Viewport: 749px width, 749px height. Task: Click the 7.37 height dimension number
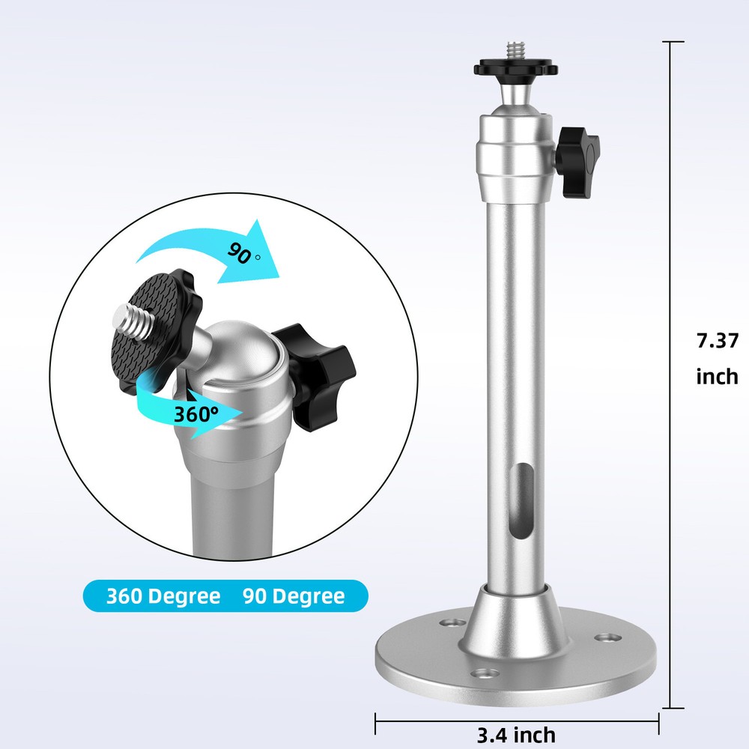(x=717, y=341)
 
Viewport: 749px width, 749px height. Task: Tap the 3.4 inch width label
(x=517, y=734)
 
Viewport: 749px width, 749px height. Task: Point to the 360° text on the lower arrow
(x=196, y=413)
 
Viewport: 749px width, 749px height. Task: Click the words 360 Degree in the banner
(x=163, y=596)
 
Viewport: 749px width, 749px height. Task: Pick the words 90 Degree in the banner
(x=294, y=596)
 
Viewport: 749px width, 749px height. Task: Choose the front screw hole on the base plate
(x=487, y=675)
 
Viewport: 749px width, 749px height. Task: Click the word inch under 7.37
(x=717, y=375)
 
